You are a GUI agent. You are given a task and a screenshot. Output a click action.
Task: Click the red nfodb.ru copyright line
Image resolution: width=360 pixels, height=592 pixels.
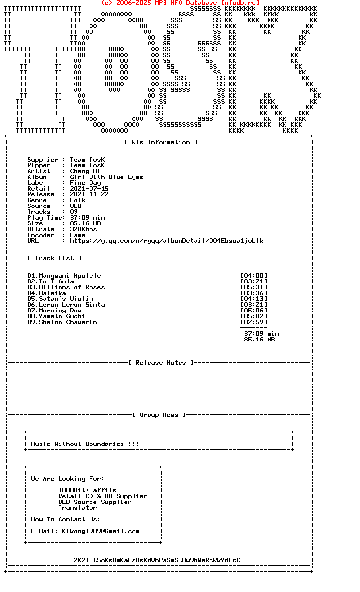pos(180,3)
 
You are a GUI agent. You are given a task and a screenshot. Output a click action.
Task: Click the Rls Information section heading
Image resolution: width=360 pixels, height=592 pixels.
pos(161,142)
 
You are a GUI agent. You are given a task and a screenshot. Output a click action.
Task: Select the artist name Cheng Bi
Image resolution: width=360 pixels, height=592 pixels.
pos(85,171)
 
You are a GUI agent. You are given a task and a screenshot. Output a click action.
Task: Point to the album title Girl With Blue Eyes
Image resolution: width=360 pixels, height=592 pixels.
pos(106,177)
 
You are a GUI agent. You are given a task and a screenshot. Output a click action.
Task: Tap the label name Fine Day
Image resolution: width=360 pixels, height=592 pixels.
pos(85,183)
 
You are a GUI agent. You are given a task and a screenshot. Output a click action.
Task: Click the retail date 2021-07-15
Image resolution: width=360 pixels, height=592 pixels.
pos(89,189)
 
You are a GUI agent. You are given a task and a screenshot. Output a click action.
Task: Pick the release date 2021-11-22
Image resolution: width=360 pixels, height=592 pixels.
pos(89,194)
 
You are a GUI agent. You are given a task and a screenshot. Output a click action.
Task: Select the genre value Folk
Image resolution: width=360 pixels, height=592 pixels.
pos(77,200)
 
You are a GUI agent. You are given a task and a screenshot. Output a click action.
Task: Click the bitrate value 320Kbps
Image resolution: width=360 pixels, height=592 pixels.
pos(83,229)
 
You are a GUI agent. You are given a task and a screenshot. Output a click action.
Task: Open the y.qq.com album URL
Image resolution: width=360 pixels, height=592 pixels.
pos(166,241)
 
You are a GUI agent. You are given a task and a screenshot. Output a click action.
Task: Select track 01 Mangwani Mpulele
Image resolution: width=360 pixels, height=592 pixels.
pos(64,276)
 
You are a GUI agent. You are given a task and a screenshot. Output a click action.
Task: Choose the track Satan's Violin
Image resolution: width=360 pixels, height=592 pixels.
pos(66,299)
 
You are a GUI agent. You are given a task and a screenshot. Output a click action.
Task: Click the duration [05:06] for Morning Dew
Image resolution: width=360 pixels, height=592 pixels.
pos(254,311)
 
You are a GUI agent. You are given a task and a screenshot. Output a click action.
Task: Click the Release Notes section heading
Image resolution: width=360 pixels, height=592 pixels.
pos(161,363)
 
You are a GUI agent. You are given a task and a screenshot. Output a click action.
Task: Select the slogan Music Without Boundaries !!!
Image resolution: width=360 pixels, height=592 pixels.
pos(85,444)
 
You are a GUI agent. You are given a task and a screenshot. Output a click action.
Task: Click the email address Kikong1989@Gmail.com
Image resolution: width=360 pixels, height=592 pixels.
pos(101,531)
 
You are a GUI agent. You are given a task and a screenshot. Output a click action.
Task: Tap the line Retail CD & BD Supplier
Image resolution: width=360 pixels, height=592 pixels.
pos(103,496)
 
